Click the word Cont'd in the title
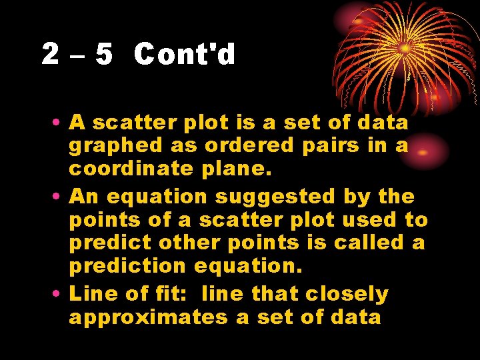click(185, 54)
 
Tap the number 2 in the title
click(50, 54)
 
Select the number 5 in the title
click(104, 54)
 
